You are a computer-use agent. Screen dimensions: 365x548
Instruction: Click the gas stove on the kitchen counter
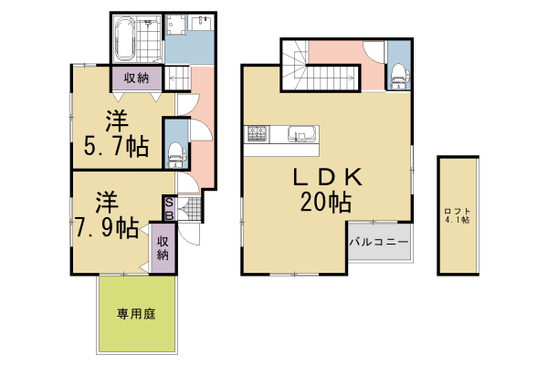tap(257, 136)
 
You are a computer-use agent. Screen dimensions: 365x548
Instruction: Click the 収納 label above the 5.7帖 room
tap(137, 78)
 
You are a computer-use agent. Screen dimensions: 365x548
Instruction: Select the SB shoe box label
tap(170, 208)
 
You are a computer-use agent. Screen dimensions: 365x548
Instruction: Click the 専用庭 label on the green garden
tap(136, 315)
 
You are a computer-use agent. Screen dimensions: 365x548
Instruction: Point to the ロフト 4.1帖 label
tap(458, 215)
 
